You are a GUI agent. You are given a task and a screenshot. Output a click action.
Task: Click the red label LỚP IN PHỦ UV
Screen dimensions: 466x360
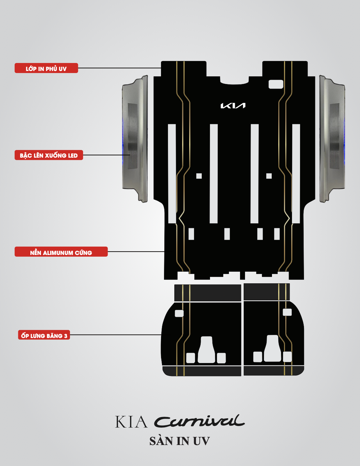(46, 68)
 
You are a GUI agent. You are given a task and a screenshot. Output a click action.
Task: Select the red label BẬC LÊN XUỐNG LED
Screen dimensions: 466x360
(49, 155)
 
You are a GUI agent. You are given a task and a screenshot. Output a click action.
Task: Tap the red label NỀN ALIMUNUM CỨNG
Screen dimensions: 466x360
(61, 252)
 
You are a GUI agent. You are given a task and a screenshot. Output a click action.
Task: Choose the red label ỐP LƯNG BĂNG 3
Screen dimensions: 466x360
(44, 335)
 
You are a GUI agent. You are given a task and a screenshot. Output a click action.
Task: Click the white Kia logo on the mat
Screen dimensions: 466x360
(233, 106)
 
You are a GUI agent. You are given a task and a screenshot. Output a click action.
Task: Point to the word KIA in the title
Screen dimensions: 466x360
(131, 422)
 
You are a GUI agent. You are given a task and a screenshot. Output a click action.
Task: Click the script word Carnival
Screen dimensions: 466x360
(199, 421)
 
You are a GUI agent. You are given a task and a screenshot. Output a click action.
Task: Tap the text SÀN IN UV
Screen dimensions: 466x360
(180, 441)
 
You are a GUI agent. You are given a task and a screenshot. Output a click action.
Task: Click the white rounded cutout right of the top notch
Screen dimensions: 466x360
(276, 84)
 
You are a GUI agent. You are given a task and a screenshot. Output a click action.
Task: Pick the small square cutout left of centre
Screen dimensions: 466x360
(199, 176)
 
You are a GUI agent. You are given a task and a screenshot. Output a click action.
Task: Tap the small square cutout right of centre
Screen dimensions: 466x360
(269, 176)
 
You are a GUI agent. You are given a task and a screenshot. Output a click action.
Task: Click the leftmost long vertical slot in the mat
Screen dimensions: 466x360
(172, 173)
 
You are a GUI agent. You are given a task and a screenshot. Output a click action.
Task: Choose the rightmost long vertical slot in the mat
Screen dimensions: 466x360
(296, 173)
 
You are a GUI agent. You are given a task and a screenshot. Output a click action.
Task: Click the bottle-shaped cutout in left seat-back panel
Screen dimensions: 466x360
(207, 350)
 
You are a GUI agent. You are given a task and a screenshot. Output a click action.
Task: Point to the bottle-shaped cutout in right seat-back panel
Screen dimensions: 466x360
(273, 349)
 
